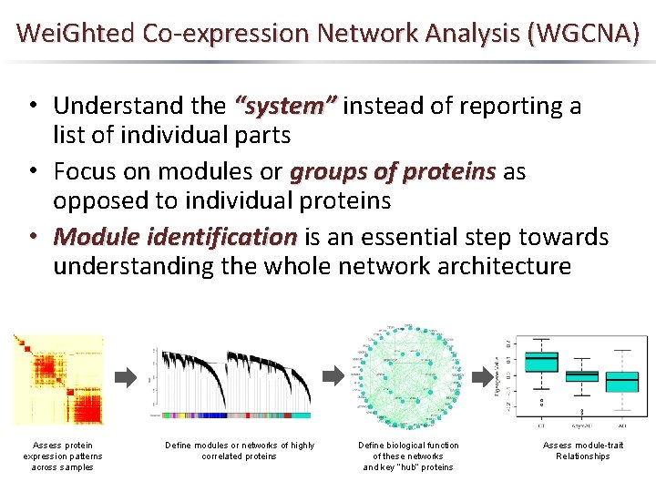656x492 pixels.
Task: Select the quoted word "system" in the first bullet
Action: click(x=286, y=106)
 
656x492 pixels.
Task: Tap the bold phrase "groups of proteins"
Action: click(x=393, y=171)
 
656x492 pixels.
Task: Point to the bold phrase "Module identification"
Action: click(x=175, y=237)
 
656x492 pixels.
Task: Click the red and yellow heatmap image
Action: click(x=58, y=379)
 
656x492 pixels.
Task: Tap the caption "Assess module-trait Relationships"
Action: click(x=583, y=450)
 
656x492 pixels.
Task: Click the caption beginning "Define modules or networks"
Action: click(x=240, y=450)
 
